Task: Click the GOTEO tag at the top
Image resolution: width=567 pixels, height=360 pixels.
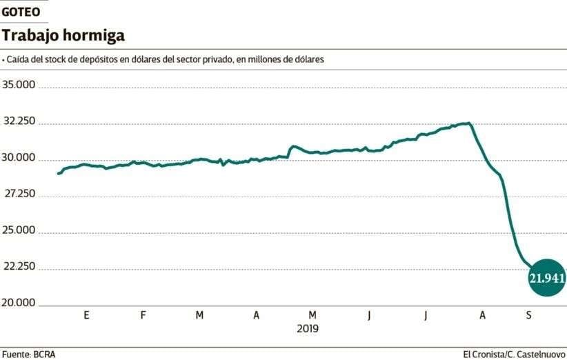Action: [x=21, y=12]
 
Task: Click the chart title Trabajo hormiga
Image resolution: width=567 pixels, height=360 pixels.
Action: [x=63, y=35]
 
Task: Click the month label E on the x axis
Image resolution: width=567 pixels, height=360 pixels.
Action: [x=86, y=315]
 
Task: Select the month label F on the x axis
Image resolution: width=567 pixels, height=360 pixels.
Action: [x=143, y=315]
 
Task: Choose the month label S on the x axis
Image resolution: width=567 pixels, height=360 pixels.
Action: [x=529, y=315]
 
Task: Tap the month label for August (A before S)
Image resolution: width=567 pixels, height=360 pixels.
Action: [x=483, y=315]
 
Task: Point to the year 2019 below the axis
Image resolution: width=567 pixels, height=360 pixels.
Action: [x=308, y=329]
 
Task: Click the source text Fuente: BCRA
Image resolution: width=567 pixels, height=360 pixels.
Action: [x=29, y=354]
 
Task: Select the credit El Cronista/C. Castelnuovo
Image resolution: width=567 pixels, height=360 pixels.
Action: [x=514, y=354]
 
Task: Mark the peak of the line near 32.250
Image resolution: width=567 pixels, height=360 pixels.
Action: [x=469, y=123]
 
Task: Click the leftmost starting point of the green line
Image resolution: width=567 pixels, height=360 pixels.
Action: [x=58, y=174]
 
